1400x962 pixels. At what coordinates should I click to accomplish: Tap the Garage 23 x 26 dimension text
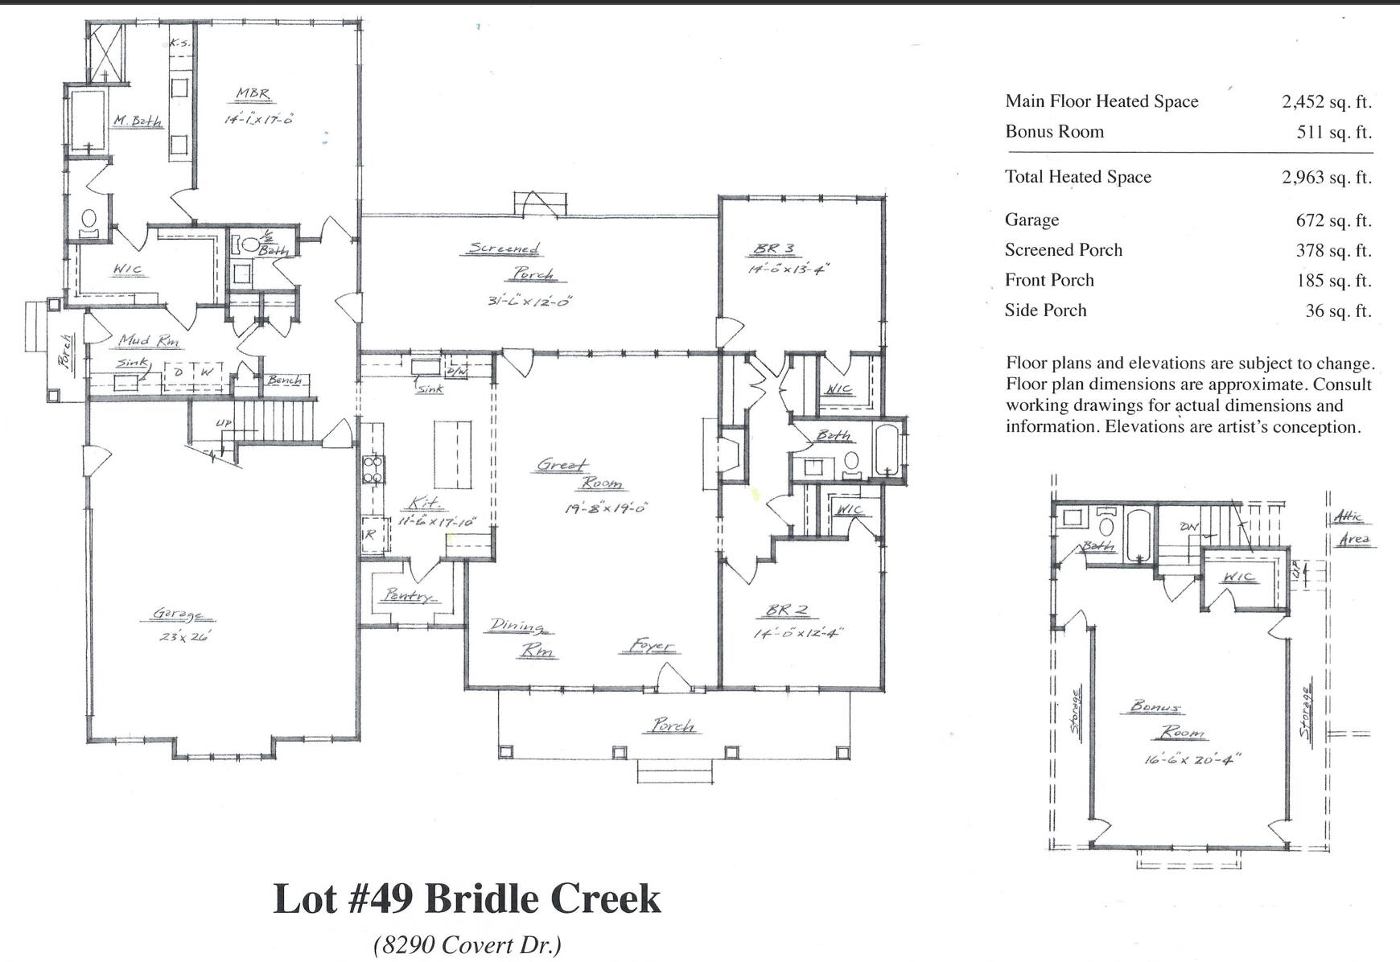[x=183, y=636]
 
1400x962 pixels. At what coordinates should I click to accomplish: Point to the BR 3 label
[x=774, y=249]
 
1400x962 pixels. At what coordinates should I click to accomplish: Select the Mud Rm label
[x=150, y=341]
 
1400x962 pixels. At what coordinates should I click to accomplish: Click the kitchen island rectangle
[x=453, y=454]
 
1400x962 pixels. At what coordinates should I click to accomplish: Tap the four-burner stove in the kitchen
[x=373, y=469]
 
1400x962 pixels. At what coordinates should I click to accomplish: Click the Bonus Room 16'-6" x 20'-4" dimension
[x=1193, y=758]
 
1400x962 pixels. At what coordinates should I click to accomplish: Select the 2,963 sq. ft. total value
[x=1326, y=177]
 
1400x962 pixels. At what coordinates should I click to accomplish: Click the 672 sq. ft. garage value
[x=1332, y=220]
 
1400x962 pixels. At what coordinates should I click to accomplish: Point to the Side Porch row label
[x=1045, y=310]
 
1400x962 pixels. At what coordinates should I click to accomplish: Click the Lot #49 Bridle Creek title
[x=467, y=898]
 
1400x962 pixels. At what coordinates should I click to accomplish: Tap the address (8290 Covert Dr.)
[x=467, y=944]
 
